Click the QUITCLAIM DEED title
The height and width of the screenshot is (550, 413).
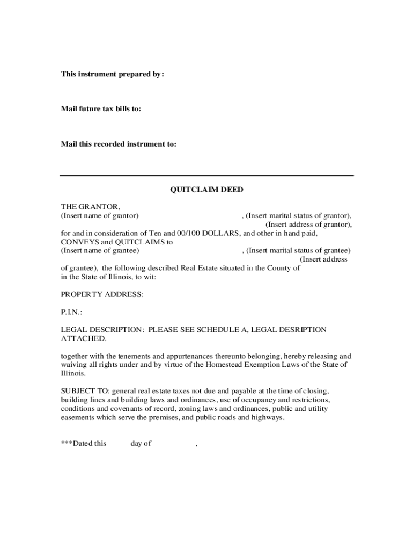206,190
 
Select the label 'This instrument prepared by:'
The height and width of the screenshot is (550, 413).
112,74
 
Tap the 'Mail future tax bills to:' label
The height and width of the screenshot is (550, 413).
101,109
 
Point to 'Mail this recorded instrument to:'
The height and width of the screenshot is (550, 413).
119,144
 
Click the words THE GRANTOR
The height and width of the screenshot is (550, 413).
90,207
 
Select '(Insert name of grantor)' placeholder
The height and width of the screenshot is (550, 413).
100,215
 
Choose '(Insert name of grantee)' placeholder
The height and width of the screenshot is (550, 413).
100,250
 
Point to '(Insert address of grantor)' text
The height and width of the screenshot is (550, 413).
308,224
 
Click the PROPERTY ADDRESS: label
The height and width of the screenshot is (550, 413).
102,294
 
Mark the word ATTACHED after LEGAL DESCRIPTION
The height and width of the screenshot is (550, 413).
83,338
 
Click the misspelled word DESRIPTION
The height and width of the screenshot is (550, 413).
300,329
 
